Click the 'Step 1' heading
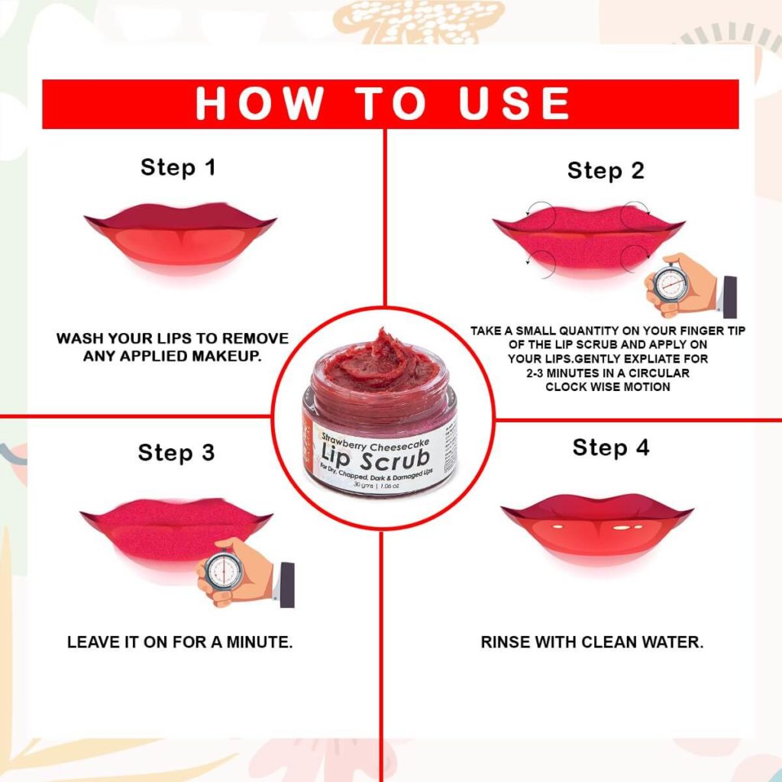178,167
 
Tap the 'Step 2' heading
606,171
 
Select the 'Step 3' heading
176,453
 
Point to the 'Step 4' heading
611,448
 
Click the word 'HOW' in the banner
260,103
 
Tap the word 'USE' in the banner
514,103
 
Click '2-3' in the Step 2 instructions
535,373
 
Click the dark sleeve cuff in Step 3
287,585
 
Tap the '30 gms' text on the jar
363,485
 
